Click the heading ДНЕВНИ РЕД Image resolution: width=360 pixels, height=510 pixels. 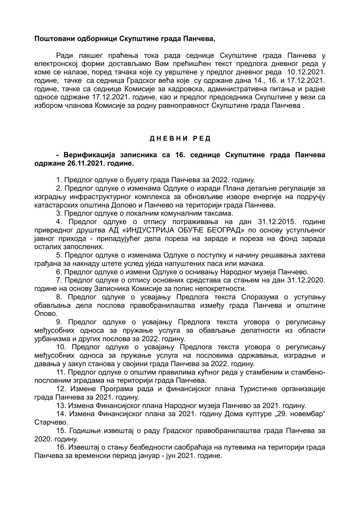[180, 139]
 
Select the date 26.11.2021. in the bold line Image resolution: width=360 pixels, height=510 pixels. [85, 163]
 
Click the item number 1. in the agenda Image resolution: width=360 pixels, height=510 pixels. [59, 180]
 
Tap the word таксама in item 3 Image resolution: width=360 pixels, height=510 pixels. [220, 214]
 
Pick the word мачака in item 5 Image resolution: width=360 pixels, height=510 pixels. [253, 264]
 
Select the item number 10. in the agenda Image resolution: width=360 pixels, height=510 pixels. [62, 347]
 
